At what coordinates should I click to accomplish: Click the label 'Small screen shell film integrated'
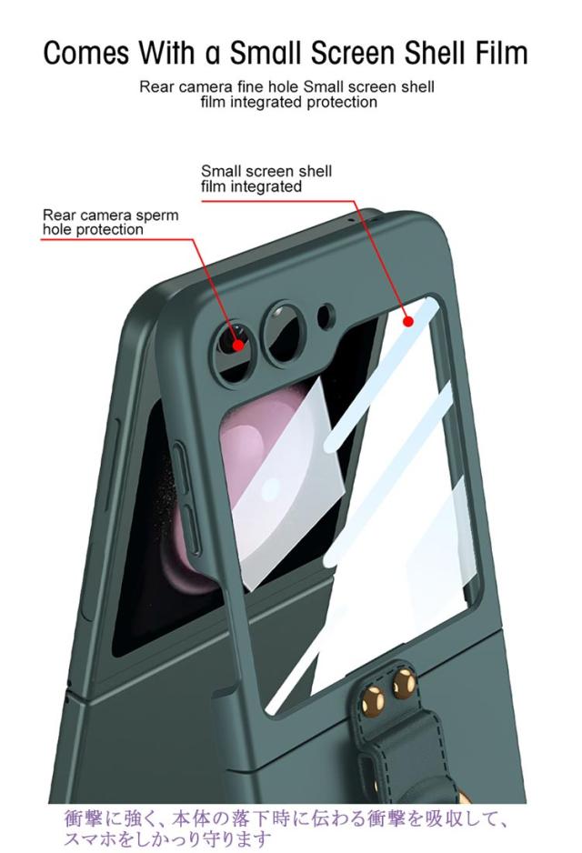click(266, 178)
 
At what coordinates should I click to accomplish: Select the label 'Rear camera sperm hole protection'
click(110, 223)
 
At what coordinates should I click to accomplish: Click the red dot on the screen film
click(408, 321)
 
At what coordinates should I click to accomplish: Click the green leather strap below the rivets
click(405, 755)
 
